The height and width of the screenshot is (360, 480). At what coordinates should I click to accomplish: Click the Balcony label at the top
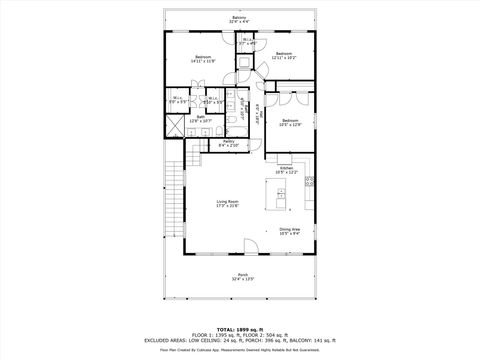238,19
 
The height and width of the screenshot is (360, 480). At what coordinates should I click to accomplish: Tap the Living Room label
229,203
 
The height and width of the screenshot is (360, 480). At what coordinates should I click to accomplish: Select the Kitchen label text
286,169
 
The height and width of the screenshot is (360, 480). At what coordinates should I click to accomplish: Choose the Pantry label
229,143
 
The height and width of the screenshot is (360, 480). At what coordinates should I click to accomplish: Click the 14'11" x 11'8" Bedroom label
202,59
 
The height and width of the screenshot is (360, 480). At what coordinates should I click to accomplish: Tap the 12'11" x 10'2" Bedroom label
283,55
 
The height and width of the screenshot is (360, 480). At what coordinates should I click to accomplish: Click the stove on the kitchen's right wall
310,181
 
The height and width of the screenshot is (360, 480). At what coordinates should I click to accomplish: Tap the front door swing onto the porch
253,245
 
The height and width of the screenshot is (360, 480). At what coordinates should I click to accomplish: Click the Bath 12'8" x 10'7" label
201,119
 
